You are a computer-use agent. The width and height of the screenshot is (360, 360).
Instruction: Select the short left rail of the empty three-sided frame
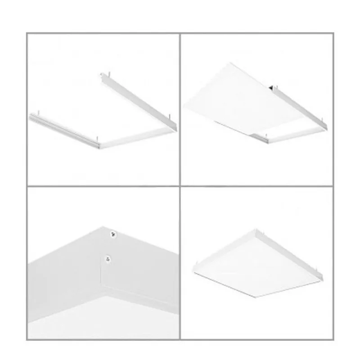click(63, 131)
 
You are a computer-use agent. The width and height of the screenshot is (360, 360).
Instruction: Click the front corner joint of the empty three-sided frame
click(98, 145)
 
